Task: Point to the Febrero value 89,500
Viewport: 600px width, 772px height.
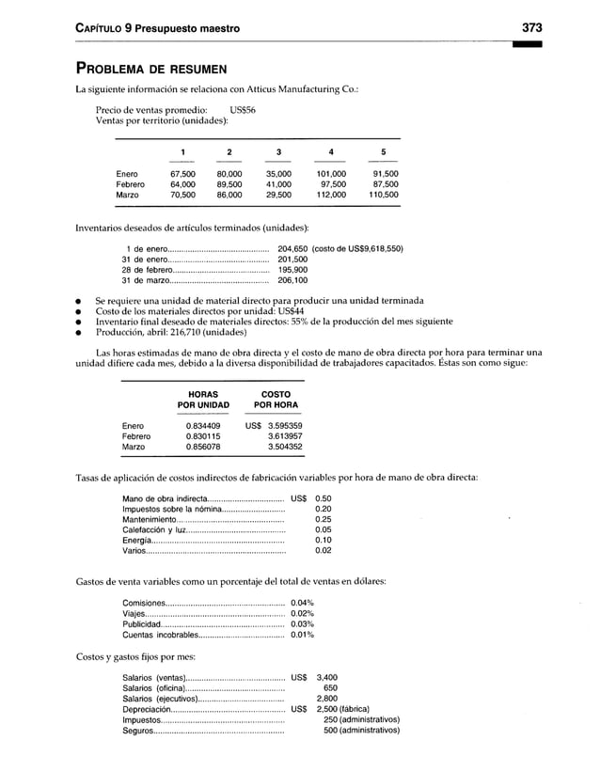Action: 229,184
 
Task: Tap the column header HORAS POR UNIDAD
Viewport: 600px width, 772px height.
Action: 203,400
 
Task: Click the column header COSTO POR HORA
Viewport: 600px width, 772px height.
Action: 275,400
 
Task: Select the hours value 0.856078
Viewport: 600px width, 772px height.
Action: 203,448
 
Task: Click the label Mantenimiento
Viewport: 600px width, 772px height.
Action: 150,519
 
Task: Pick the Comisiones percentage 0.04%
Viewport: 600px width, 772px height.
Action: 302,603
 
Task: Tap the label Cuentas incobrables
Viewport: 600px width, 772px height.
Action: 159,635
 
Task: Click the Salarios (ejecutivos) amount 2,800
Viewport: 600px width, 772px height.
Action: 326,699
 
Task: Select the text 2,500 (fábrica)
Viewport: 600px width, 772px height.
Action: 351,709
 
